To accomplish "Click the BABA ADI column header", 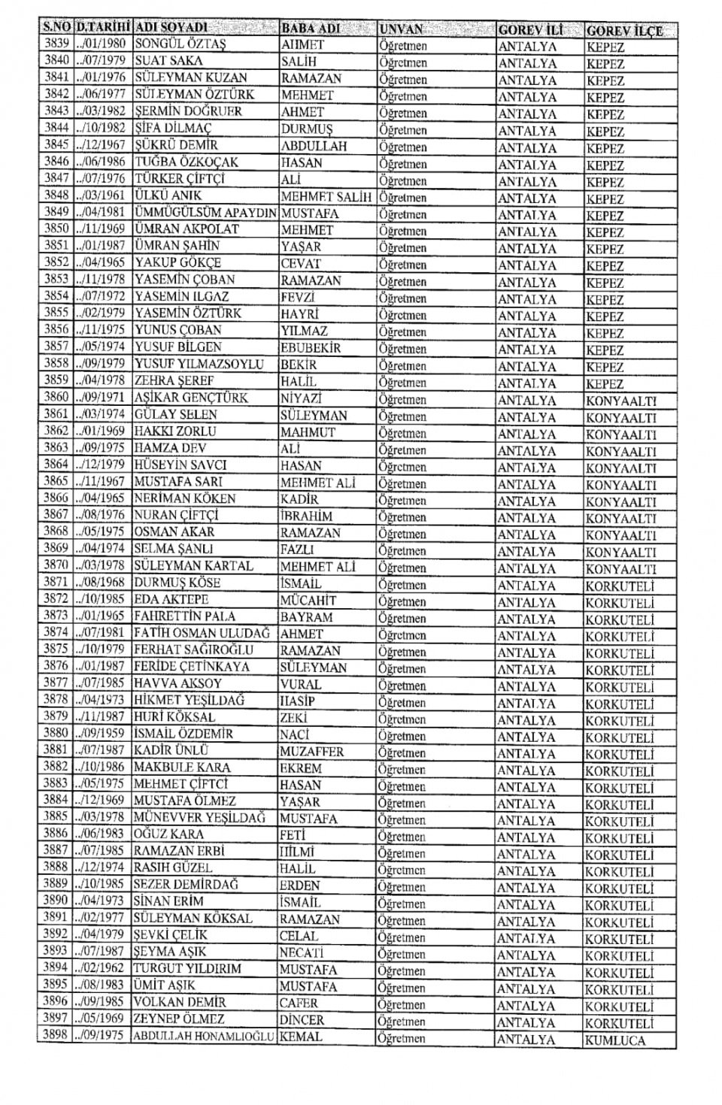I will tap(311, 29).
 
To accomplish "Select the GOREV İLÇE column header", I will tap(624, 31).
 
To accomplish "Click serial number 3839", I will tap(56, 44).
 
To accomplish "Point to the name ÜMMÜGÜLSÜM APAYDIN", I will tap(206, 213).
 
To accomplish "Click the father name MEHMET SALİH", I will tap(326, 197).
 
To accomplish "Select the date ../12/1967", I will tap(102, 144).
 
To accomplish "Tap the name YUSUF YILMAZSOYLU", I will tap(199, 365).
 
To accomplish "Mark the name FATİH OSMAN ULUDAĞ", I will tap(202, 634).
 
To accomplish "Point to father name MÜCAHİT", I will tap(308, 601).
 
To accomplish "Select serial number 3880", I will tap(56, 733).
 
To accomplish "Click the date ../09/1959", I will tap(101, 733).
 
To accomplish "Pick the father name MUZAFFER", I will tap(312, 752).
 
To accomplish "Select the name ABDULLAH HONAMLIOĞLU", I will tap(204, 1037).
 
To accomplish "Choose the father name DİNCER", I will tap(302, 1020).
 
